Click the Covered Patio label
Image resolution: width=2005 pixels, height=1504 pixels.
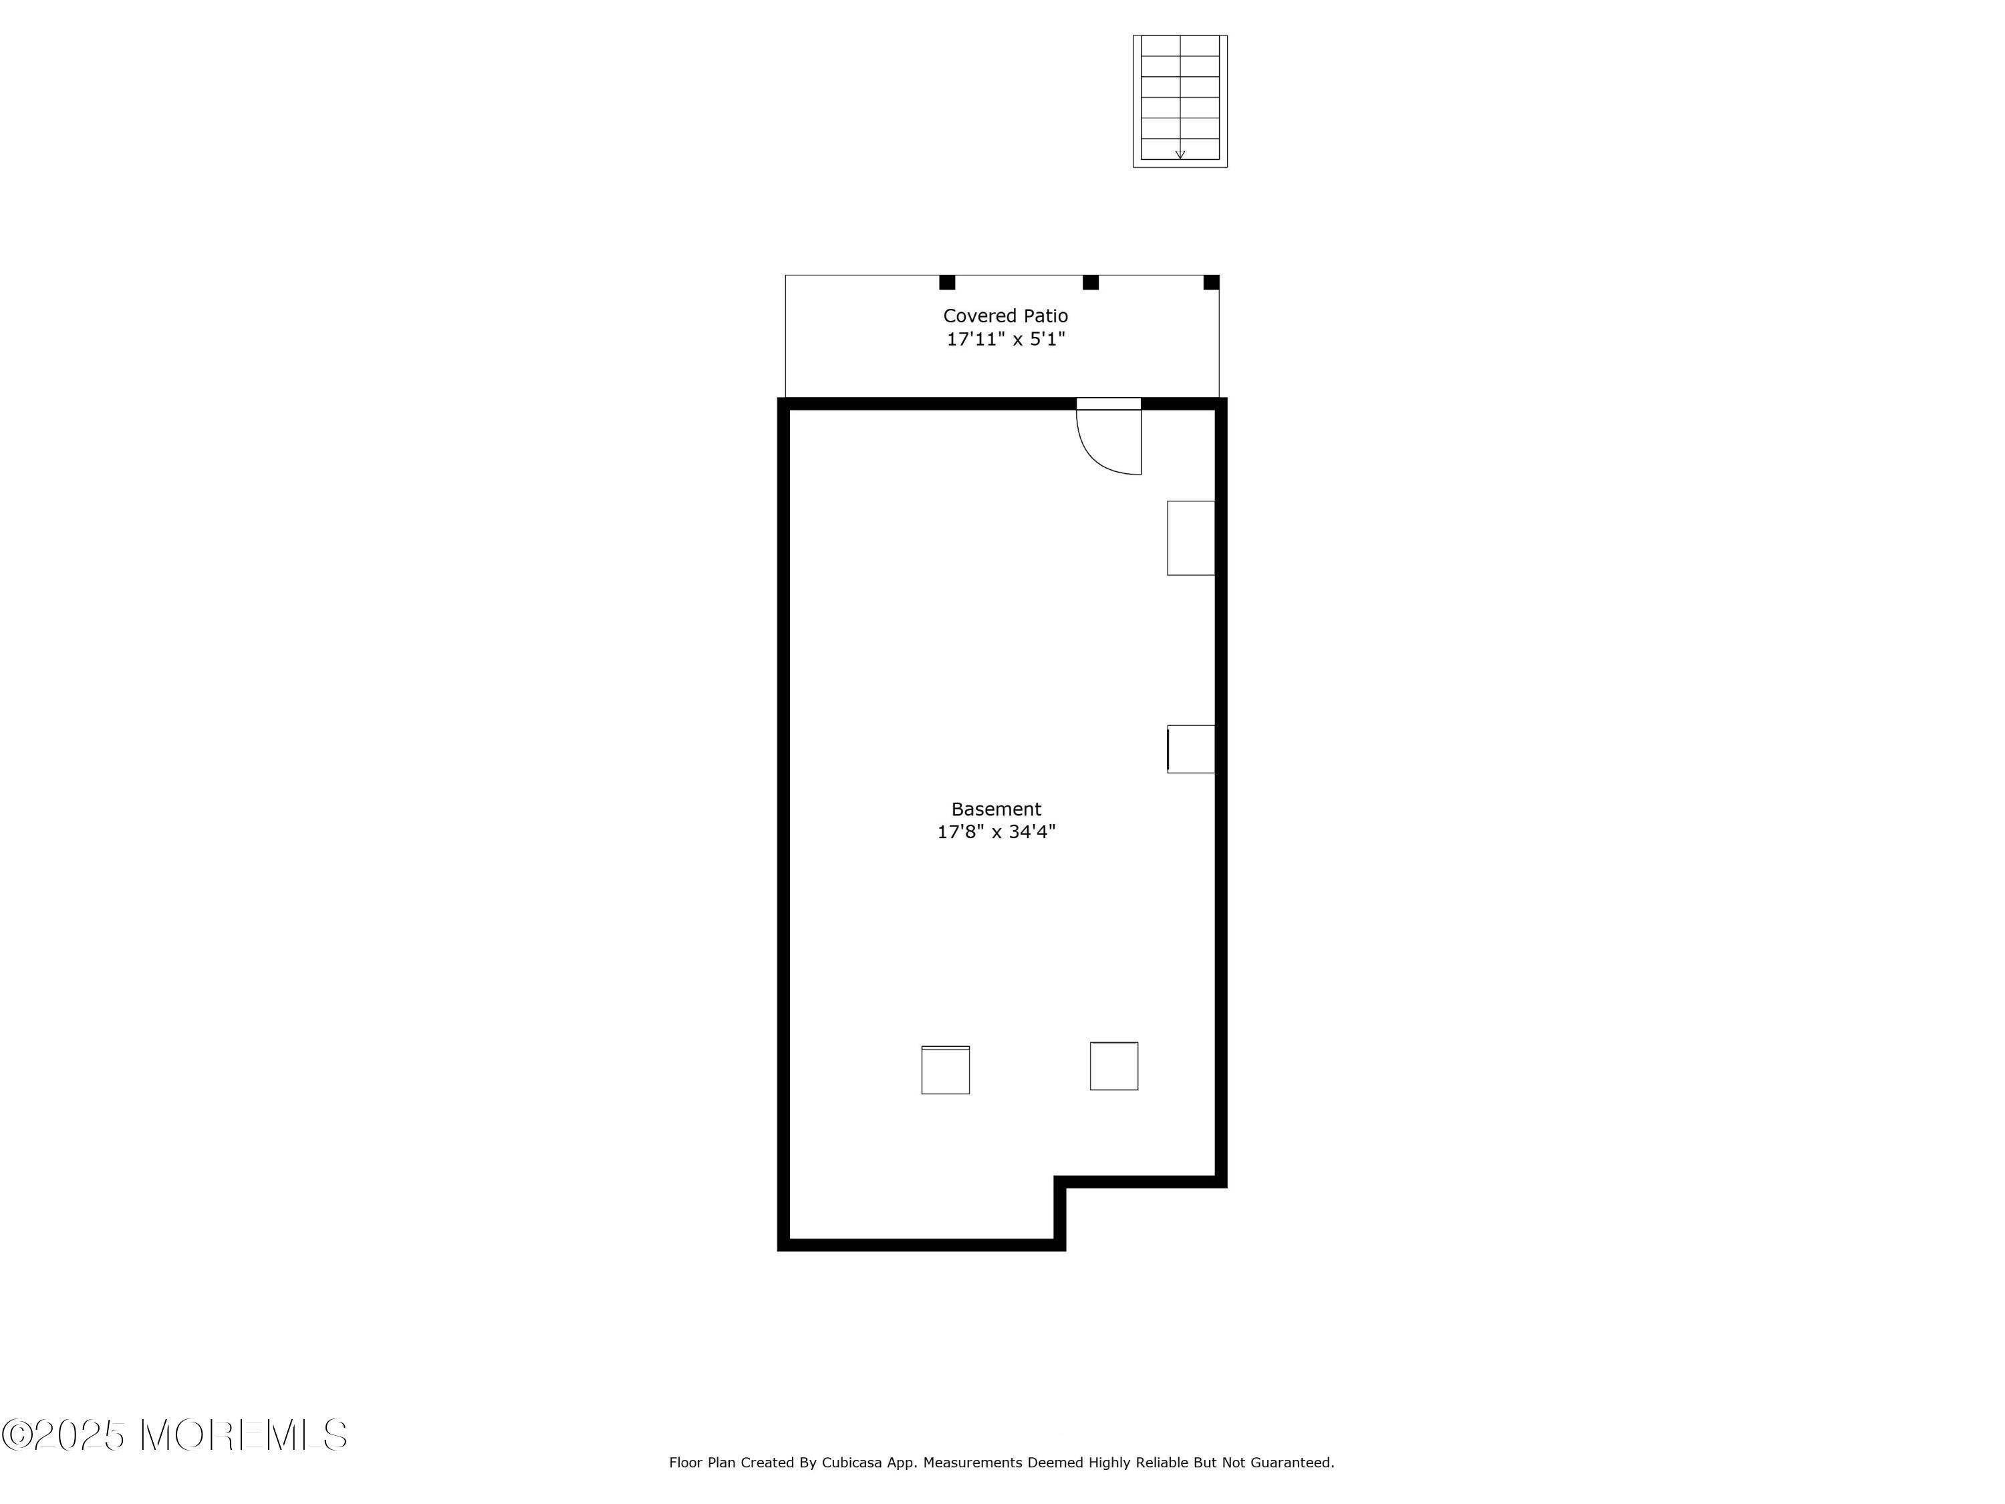[x=1005, y=316]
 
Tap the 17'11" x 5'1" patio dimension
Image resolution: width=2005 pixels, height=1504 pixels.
[x=1005, y=339]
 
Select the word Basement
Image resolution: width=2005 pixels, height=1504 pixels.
[x=996, y=809]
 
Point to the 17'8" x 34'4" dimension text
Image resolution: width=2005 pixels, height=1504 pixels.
[x=996, y=832]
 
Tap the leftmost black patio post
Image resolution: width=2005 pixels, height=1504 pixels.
[x=947, y=282]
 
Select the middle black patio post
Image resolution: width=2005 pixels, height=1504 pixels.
[x=1091, y=282]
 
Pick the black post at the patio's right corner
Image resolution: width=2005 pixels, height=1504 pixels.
[x=1211, y=282]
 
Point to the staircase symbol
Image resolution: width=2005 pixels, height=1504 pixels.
[x=1180, y=100]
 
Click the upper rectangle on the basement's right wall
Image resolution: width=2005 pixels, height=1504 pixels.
[x=1190, y=537]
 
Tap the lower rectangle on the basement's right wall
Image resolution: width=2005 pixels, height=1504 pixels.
[x=1190, y=749]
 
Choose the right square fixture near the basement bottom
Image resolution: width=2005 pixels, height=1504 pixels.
[x=1114, y=1066]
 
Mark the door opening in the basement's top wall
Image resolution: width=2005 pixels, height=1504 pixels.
[x=1109, y=404]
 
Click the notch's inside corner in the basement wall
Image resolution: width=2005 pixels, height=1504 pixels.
[x=1059, y=1182]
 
